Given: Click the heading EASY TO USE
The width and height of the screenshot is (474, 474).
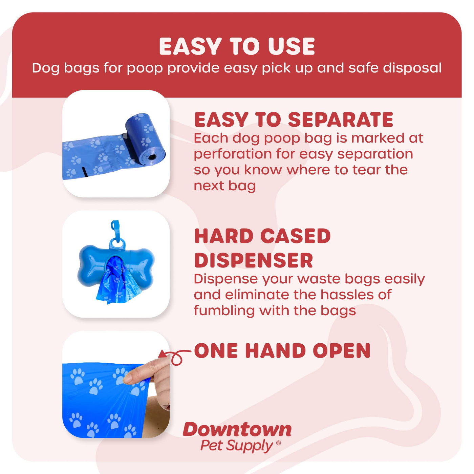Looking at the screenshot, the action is pos(237,46).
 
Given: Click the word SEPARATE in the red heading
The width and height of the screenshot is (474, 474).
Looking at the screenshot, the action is pos(341,120).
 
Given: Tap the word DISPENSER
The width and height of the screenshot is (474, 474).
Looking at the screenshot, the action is pos(254,260).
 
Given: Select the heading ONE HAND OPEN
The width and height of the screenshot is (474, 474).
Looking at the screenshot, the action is pos(282,350).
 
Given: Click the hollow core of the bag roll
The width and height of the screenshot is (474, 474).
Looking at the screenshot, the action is pos(152,157).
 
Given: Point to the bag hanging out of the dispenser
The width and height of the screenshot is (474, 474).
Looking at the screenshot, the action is pos(118,282).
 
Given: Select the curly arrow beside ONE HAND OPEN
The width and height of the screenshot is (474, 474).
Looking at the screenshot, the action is pos(175,357).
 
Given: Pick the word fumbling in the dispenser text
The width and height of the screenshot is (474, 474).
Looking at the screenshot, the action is pos(224,310).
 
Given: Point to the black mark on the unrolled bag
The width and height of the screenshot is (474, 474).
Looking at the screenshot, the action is pos(85,172).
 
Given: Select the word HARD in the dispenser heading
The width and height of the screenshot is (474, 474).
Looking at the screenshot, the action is pos(224,236).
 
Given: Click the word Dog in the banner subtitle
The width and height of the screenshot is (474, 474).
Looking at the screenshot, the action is pos(46,68).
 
